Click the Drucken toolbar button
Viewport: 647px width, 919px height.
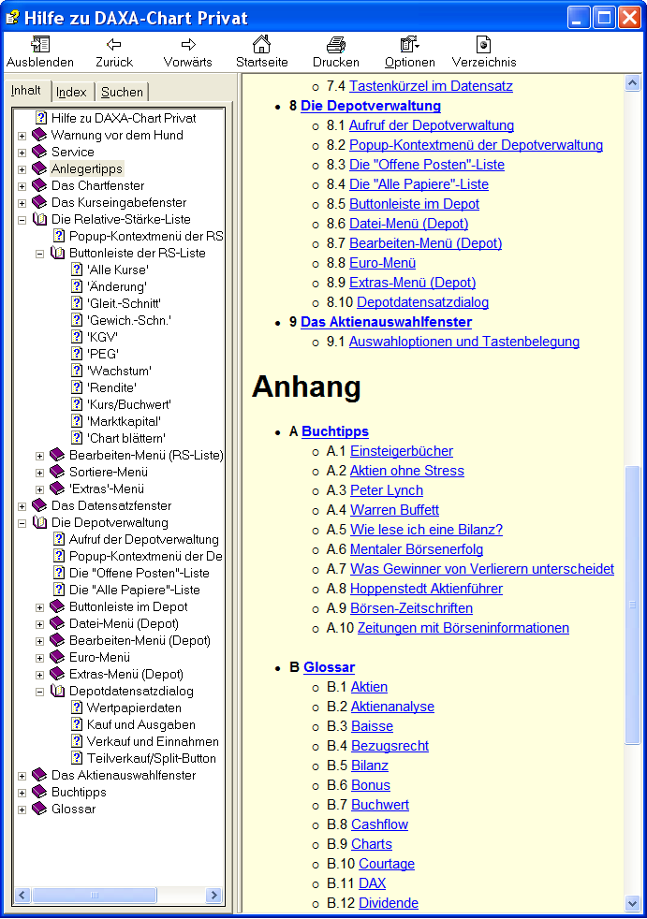(335, 52)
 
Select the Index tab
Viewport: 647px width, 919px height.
(71, 92)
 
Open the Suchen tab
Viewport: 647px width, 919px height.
(122, 92)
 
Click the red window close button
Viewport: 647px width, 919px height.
(629, 17)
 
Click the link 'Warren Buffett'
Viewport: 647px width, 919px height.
(394, 510)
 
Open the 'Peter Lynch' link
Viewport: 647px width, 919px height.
(387, 490)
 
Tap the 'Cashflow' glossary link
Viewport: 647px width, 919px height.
(379, 824)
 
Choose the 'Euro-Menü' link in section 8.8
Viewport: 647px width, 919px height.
(382, 263)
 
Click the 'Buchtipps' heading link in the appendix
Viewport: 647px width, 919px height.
(335, 431)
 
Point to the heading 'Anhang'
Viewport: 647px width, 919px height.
(306, 387)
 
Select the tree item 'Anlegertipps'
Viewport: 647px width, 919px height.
(87, 168)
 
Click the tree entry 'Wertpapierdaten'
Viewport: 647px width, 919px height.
(134, 708)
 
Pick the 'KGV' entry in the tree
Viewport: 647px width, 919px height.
(103, 337)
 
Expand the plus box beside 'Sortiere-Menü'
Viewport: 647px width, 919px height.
(40, 473)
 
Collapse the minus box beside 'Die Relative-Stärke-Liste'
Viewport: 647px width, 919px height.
(22, 220)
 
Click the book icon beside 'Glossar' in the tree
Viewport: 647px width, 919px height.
(39, 809)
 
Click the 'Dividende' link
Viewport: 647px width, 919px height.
(389, 903)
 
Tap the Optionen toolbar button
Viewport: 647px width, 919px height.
(409, 52)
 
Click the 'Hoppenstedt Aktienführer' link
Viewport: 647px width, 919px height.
(426, 589)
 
